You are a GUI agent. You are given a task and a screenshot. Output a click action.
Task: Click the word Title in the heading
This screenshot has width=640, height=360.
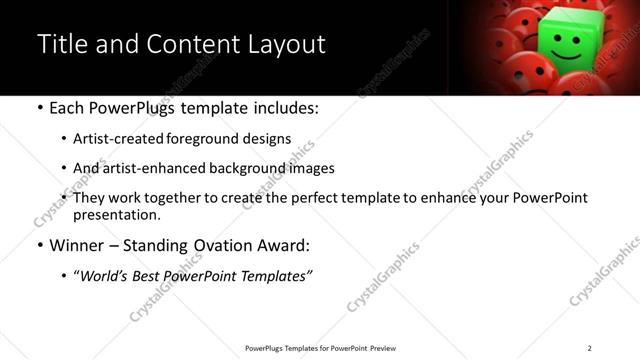point(62,45)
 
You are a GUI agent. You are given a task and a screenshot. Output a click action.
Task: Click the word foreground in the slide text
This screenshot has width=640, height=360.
point(216,139)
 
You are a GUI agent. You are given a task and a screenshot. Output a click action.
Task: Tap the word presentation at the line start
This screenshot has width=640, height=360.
point(116,215)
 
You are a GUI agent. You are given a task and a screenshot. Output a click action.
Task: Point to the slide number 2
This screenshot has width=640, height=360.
point(589,348)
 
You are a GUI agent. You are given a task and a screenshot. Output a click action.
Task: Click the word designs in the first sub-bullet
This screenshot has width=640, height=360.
point(269,139)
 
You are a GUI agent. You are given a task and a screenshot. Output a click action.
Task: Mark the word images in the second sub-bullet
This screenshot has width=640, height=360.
point(311,168)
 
